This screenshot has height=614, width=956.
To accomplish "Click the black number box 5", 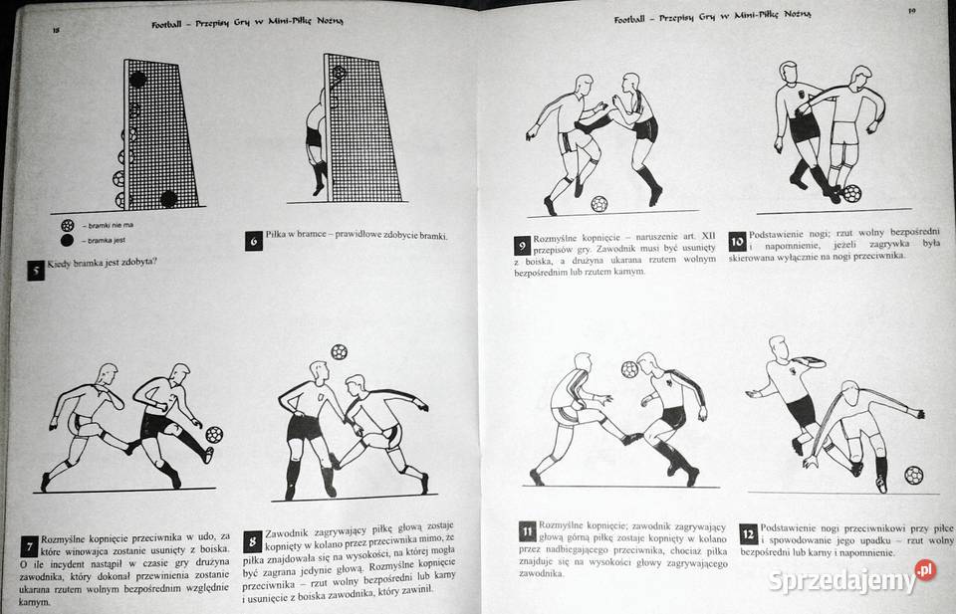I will (36, 270).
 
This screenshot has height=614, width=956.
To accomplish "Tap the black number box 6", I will (253, 240).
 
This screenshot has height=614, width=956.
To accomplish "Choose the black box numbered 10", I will (737, 241).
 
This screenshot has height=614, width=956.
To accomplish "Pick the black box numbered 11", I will (528, 531).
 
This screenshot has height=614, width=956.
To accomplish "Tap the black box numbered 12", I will (747, 533).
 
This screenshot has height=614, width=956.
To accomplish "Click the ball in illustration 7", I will (214, 435).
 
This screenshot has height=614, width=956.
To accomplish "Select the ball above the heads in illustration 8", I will (339, 351).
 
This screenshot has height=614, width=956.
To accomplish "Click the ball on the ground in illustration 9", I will (598, 204).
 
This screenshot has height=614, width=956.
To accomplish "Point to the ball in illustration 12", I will (913, 475).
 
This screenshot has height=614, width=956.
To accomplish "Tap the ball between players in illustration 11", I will (629, 369).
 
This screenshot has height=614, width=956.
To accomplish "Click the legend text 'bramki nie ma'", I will (113, 225).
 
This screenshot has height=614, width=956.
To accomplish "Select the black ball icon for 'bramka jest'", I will (68, 240).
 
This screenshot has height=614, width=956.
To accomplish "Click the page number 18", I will (56, 31).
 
